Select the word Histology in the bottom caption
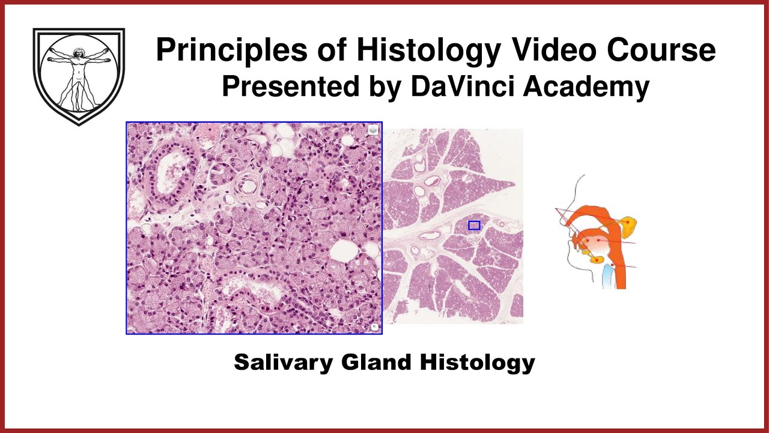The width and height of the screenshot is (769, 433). pos(477,363)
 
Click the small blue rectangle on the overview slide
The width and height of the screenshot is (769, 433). pos(474,226)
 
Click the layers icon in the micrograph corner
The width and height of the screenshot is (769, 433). pos(373,130)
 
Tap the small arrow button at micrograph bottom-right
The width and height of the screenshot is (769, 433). pos(374,327)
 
